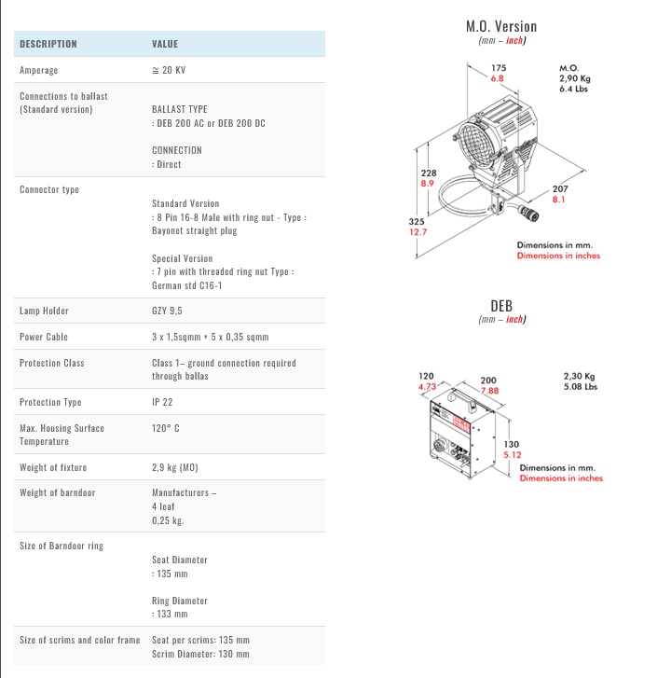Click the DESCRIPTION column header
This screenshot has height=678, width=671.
tap(48, 44)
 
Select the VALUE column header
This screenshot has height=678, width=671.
tap(165, 44)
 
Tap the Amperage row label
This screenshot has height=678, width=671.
tap(38, 71)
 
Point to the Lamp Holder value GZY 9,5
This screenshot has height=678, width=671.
tap(169, 311)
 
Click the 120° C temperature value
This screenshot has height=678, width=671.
tap(166, 428)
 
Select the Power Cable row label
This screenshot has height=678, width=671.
tap(44, 337)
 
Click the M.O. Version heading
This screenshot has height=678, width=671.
tap(501, 26)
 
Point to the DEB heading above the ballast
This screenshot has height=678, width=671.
tap(501, 305)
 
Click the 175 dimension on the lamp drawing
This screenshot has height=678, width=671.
tap(499, 68)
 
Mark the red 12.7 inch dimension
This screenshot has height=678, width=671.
tap(418, 232)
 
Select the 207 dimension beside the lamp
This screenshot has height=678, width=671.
tap(560, 189)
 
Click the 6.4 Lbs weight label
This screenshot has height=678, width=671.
tap(571, 90)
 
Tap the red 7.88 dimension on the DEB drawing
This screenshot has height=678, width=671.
tap(488, 391)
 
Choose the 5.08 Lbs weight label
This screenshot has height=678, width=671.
tap(580, 386)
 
